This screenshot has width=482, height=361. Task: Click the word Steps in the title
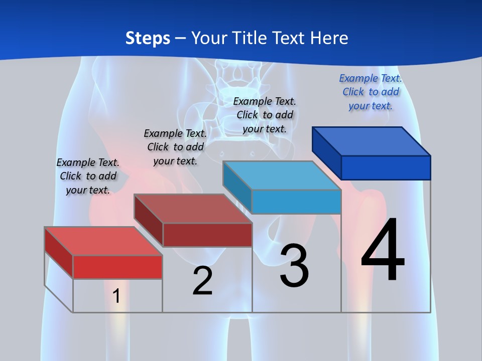tap(148, 38)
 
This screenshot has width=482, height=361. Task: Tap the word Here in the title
tap(329, 38)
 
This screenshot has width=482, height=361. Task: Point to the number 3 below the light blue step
tap(294, 266)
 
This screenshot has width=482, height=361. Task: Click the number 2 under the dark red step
tap(202, 281)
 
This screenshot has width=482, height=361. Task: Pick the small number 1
tap(116, 296)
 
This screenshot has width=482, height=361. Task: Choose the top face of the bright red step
tap(103, 241)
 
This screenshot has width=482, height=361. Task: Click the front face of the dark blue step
tap(386, 167)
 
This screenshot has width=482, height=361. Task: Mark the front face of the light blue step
tap(296, 202)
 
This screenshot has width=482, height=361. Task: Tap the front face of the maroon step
tap(207, 235)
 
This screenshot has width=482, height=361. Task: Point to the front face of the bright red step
tap(117, 267)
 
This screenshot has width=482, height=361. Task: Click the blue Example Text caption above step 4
tap(371, 92)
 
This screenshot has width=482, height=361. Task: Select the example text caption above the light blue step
tap(265, 115)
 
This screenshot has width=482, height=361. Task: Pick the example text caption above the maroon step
tap(175, 147)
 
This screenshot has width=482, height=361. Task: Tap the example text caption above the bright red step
tap(88, 176)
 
